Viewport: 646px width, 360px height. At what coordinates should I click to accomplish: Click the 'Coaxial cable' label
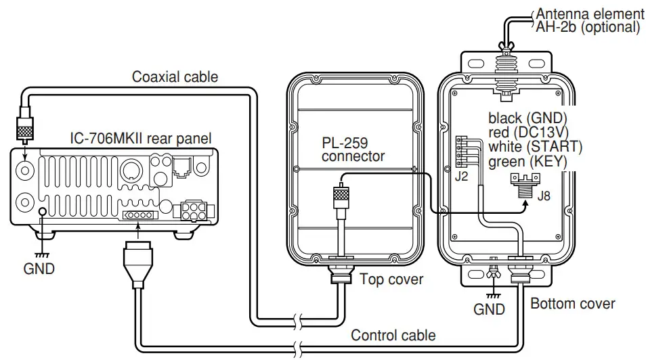tap(175, 76)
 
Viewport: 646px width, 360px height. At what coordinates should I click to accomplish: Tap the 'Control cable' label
tap(393, 335)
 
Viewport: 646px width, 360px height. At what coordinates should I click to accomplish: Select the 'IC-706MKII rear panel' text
tap(141, 139)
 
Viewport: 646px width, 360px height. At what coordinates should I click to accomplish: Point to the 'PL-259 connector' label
tap(353, 150)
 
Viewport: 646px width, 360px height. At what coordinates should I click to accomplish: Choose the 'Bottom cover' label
tap(572, 303)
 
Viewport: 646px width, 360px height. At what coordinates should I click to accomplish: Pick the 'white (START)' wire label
tap(535, 146)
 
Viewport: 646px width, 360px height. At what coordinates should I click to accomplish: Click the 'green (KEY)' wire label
tap(526, 161)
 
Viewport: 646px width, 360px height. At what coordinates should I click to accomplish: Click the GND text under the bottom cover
tap(489, 309)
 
